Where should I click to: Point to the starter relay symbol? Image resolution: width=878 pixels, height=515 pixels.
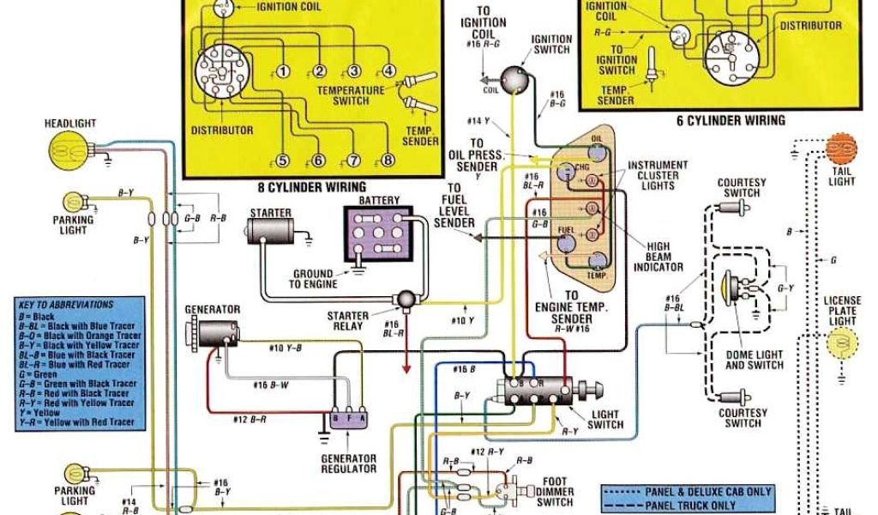(x=403, y=298)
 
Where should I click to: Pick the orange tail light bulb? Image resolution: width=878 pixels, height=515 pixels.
(x=841, y=150)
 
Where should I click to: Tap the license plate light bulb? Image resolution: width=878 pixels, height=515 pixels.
(x=841, y=344)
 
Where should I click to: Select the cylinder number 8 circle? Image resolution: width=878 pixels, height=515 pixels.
(x=388, y=160)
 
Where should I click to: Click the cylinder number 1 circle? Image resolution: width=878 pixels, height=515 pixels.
(x=284, y=71)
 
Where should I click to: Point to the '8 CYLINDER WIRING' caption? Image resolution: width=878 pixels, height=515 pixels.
(x=311, y=186)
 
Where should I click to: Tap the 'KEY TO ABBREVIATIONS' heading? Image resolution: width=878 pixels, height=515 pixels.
(x=65, y=305)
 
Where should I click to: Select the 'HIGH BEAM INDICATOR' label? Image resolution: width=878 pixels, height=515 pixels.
(x=658, y=256)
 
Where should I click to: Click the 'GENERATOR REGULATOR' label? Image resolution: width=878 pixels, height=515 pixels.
(x=348, y=463)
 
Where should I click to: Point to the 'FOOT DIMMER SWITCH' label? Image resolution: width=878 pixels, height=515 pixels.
(x=558, y=492)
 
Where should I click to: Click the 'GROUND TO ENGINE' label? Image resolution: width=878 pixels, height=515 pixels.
(x=314, y=280)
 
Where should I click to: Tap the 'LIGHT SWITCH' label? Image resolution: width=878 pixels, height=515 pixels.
(x=605, y=420)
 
